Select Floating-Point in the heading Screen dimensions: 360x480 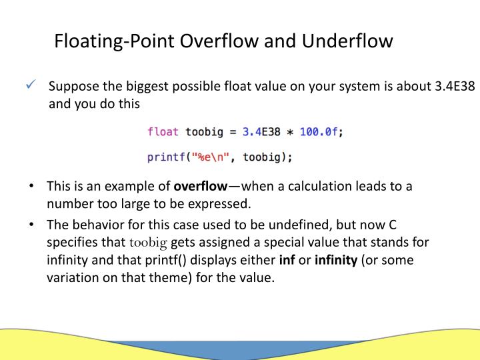tap(114, 41)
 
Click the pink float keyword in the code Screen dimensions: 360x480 tap(163, 131)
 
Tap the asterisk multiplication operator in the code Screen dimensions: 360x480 tap(289, 132)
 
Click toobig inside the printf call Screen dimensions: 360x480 tap(264, 158)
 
